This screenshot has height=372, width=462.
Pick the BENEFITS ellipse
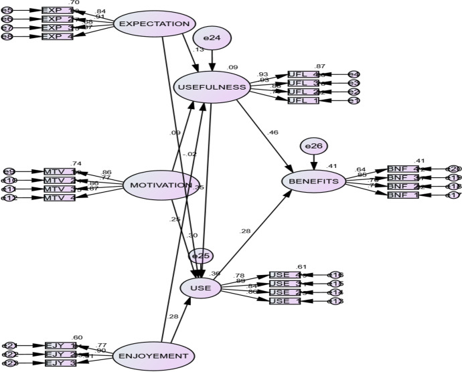(x=313, y=181)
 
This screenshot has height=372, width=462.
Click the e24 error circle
(x=212, y=38)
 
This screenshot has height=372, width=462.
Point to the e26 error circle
(x=313, y=145)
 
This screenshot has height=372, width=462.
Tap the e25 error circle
(x=200, y=256)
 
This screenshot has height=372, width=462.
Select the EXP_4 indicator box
(x=57, y=36)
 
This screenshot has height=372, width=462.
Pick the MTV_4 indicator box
(x=59, y=197)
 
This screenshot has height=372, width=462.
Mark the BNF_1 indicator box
(x=402, y=195)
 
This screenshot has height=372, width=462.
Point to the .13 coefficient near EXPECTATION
(x=199, y=50)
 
